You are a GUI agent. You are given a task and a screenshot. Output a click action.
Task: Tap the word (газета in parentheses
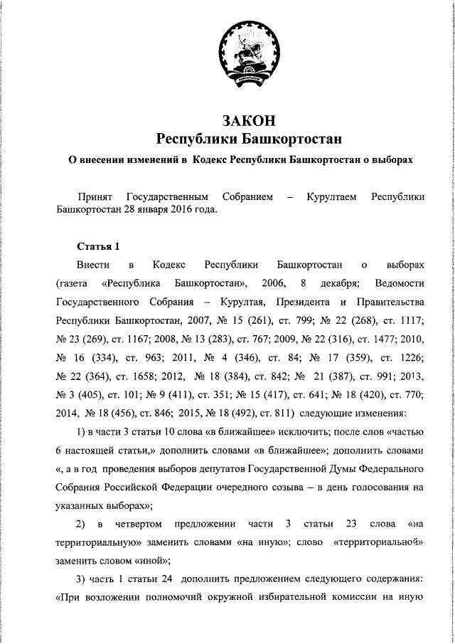click(x=72, y=283)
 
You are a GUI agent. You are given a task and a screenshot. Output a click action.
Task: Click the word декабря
click(x=325, y=283)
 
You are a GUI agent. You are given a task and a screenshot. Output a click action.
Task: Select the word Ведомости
click(x=398, y=283)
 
